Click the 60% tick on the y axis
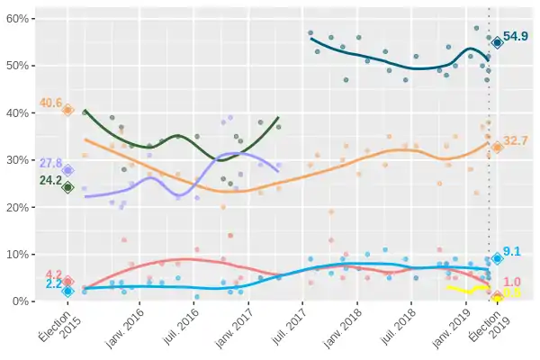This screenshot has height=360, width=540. [22, 19]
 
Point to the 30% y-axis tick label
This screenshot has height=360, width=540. [22, 160]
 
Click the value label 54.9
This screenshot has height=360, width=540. [516, 37]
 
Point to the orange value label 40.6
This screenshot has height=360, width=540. [50, 103]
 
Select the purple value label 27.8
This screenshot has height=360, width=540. [50, 163]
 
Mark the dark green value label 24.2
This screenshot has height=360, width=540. [50, 181]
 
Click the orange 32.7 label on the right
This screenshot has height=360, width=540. [516, 141]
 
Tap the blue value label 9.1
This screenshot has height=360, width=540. [512, 252]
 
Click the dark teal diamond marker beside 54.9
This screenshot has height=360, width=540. [497, 42]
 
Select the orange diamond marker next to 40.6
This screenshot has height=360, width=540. [67, 110]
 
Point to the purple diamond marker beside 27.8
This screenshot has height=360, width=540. [67, 170]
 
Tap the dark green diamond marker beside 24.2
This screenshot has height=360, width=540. [67, 187]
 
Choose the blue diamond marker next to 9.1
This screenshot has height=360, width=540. [497, 258]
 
